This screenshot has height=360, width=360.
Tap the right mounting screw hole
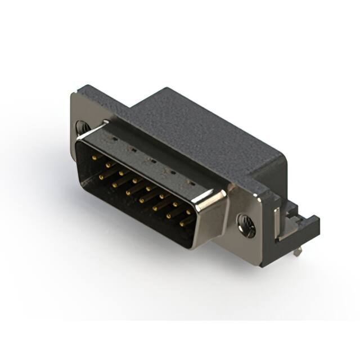pos(247,225)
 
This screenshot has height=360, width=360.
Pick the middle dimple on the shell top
pos(151,160)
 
